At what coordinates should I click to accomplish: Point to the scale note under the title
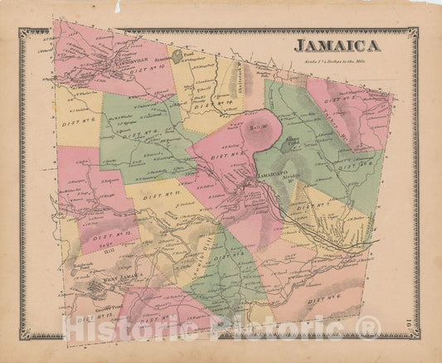coord(335,60)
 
